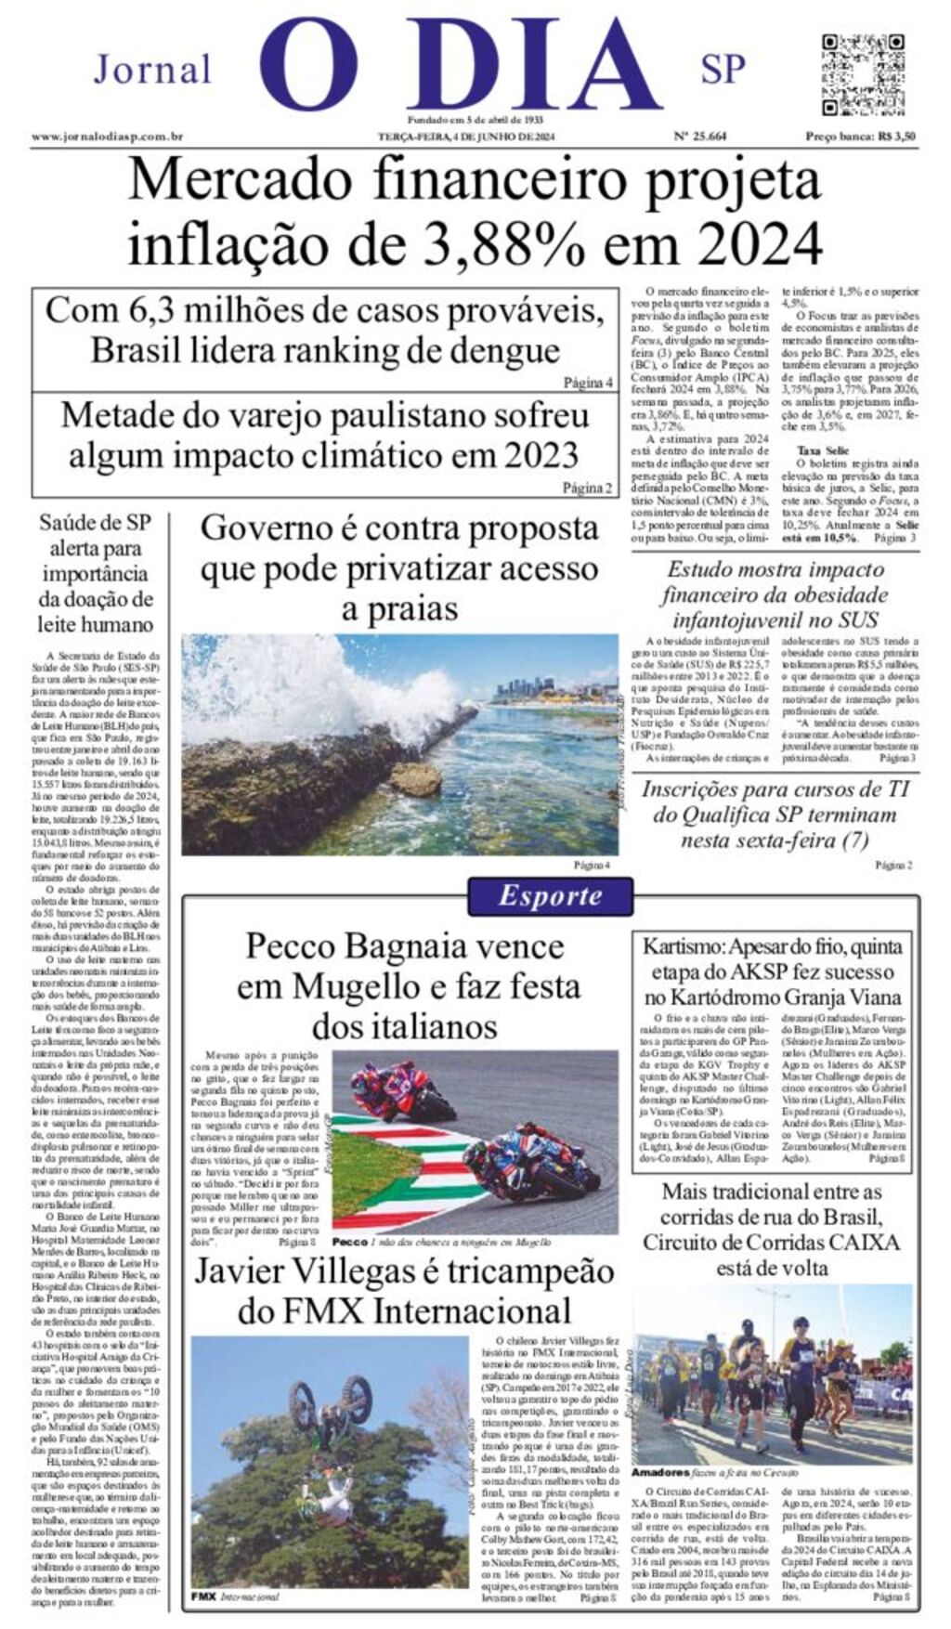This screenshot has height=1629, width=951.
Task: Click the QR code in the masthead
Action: coord(863,73)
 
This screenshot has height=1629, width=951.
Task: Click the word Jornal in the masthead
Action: coord(152,70)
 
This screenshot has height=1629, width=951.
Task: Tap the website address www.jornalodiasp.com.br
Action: coord(107,137)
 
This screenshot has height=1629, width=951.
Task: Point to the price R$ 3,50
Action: coord(896,137)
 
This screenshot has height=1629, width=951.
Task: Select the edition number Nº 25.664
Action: coord(699,137)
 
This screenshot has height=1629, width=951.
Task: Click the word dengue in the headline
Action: coord(505,351)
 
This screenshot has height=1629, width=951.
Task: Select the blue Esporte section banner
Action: coord(550,896)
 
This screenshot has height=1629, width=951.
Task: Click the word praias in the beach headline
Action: coord(399,609)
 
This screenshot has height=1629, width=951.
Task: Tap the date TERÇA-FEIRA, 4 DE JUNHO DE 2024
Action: coord(465,137)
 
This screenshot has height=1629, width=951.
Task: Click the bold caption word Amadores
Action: coord(660,1473)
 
